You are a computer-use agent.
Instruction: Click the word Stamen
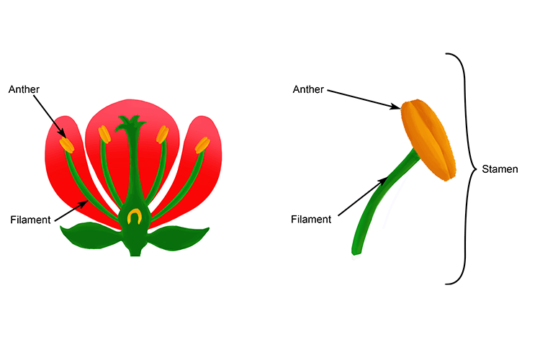[x=501, y=170]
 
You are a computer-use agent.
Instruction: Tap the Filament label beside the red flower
[x=30, y=220]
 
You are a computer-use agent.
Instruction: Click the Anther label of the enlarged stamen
[x=307, y=89]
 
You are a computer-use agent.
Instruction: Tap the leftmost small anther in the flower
[x=66, y=144]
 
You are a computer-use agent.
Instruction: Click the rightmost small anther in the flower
[x=202, y=145]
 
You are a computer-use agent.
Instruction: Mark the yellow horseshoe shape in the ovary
[x=133, y=215]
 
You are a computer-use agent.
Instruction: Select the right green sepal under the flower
[x=179, y=237]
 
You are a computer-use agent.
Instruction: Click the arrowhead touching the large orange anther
[x=397, y=107]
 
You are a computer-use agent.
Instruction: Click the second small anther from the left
[x=104, y=134]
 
